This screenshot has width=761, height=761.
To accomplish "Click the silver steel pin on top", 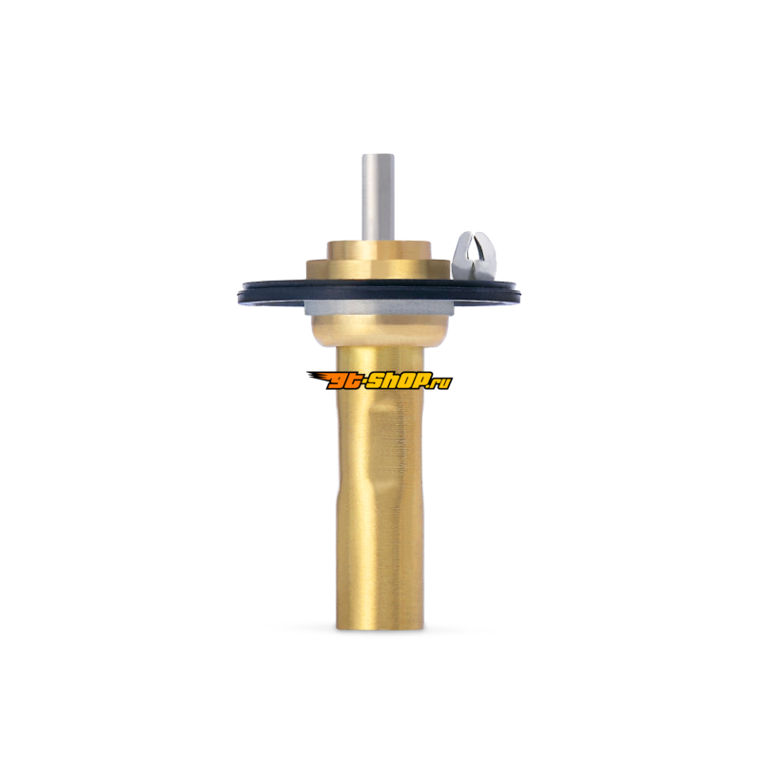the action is point(378,197).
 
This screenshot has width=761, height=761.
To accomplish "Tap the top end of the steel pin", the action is point(378,155).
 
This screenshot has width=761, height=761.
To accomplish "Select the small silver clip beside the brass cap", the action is point(474,255).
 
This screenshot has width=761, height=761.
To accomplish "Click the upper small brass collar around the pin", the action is point(378,250).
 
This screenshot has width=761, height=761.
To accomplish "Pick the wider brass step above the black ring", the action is point(378,270).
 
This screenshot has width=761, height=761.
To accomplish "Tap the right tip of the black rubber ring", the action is point(518,293).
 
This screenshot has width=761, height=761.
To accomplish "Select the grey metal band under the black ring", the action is point(378,307).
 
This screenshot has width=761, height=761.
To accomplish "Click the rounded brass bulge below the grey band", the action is point(378,330).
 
